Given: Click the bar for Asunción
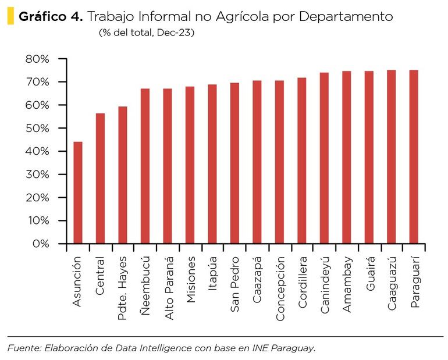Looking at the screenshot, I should tap(77, 193).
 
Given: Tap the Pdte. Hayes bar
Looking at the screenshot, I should tap(123, 175).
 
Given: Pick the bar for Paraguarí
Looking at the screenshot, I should tap(414, 157).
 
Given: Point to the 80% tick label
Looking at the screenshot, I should tap(37, 59).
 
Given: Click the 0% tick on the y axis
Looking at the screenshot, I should tap(41, 244).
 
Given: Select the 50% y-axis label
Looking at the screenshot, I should tap(37, 129).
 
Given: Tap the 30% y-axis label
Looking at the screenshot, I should tap(37, 174).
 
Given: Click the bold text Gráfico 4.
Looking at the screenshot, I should tap(51, 16).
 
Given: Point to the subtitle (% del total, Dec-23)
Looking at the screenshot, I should tap(146, 33).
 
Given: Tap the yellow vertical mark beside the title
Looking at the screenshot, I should tap(10, 16).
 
